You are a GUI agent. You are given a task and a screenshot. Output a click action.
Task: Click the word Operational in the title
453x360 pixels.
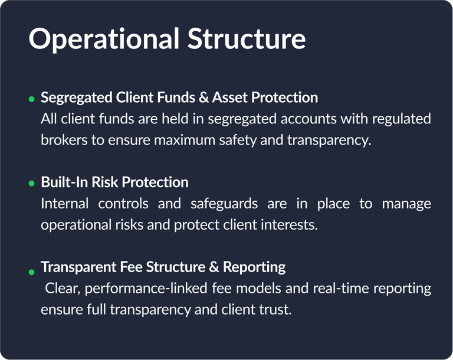point(104,40)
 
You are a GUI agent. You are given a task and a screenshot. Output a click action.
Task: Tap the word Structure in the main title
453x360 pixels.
point(247,38)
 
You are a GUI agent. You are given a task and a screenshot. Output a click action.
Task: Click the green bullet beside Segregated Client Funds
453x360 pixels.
point(31,99)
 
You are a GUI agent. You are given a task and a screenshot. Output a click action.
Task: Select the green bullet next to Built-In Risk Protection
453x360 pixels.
point(31,184)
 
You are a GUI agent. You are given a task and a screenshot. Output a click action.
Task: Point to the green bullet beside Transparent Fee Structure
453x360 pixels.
point(31,272)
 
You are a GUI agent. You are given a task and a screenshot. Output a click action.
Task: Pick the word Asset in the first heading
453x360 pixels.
point(230,97)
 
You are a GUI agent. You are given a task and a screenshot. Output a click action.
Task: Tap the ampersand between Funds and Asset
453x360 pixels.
point(203,97)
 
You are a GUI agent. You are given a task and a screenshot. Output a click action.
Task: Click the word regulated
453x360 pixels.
point(401,119)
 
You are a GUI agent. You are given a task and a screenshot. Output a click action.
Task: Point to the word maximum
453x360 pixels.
point(184,140)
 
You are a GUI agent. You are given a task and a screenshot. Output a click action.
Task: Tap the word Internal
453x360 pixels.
point(64,204)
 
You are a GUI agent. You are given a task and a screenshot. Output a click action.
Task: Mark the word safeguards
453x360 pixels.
point(224,204)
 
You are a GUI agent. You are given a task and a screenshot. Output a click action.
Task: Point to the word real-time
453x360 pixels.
point(341,288)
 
